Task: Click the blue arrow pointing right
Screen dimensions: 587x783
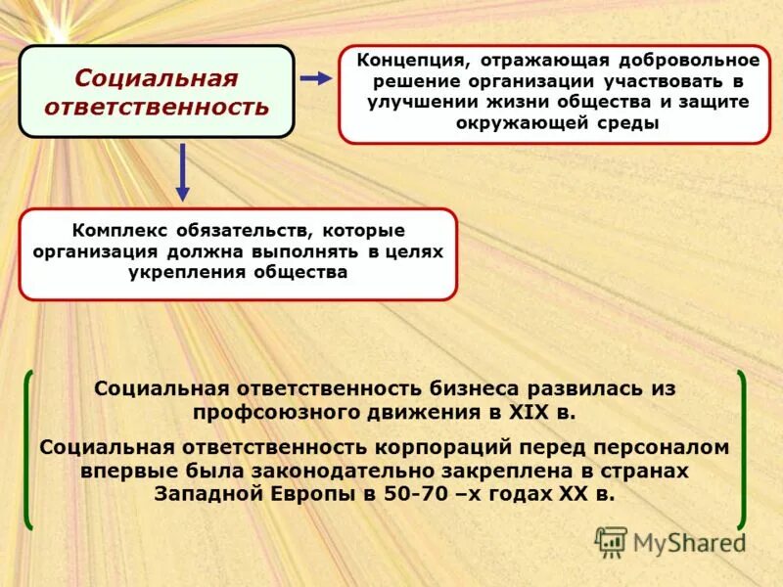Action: coord(315,78)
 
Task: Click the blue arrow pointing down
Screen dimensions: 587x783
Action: coord(183,172)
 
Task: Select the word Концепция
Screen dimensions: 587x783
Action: coord(408,61)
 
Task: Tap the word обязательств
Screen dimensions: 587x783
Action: coord(242,231)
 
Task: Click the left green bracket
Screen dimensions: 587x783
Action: coord(29,448)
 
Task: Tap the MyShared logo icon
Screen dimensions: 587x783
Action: coord(611,541)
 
